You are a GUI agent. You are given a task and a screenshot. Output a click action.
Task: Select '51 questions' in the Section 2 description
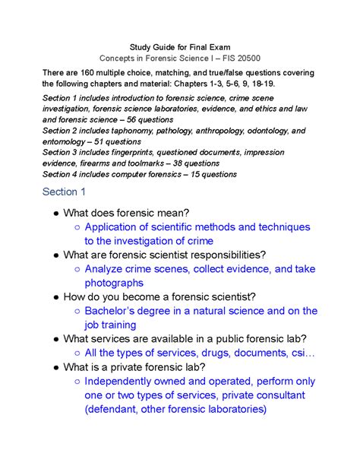coord(118,141)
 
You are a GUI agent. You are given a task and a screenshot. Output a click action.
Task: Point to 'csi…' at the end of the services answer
coord(298,353)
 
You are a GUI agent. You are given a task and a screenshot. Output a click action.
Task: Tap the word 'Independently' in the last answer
coord(124,382)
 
